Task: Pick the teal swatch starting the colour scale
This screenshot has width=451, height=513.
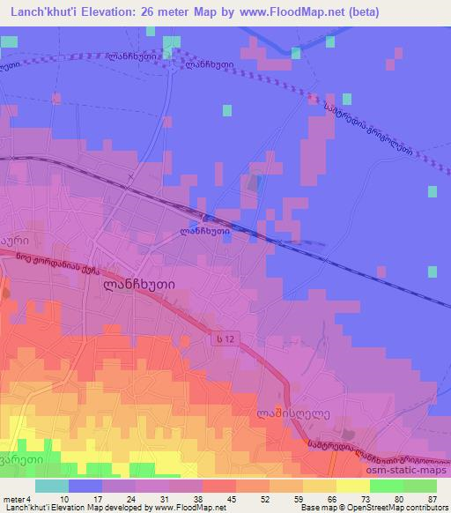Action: click(52, 487)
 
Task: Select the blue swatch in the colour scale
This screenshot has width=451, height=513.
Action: click(86, 487)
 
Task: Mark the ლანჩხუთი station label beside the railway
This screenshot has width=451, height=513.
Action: click(204, 232)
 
